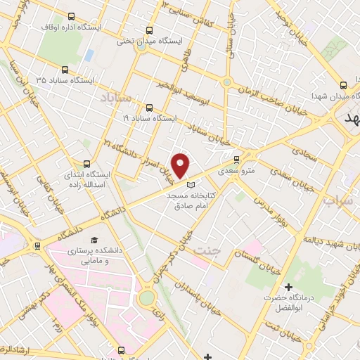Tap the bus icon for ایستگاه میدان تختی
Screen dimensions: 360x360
[148, 30]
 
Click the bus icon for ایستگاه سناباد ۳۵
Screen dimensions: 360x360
[65, 70]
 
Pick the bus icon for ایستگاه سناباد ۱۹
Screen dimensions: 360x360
[148, 108]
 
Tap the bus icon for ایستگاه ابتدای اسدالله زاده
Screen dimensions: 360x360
[87, 162]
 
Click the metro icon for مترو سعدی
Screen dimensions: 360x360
[236, 159]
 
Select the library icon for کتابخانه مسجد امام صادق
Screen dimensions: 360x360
[192, 184]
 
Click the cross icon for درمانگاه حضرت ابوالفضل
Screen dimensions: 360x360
[288, 287]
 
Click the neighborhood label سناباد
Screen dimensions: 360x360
[116, 94]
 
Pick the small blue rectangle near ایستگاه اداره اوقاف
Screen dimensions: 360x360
[89, 55]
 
